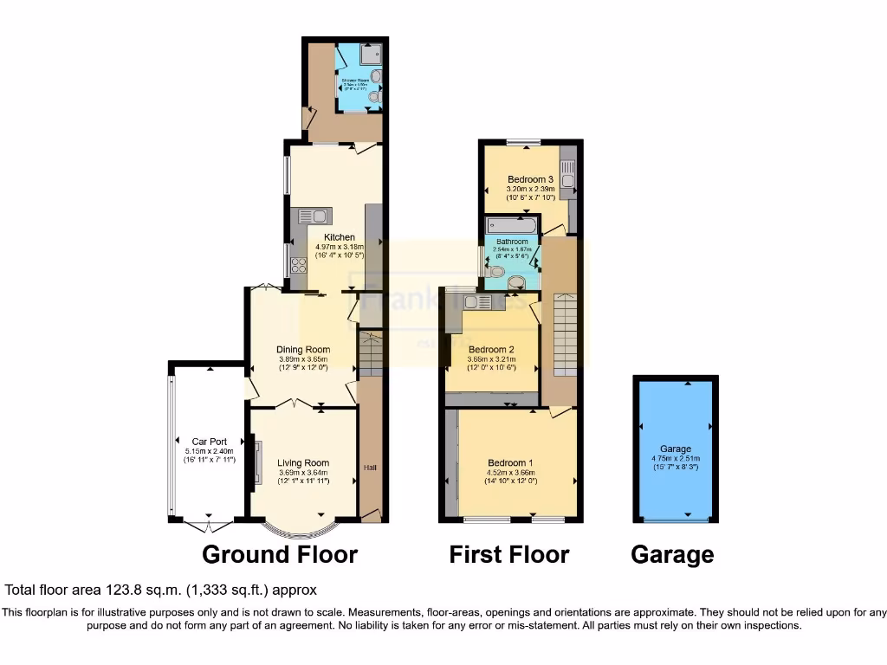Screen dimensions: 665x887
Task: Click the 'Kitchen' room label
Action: point(340,236)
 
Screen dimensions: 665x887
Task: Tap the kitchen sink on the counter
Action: point(311,216)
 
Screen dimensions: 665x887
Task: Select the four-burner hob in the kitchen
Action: point(300,266)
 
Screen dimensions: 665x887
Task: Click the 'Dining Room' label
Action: point(304,350)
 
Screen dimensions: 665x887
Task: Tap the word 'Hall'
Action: point(370,468)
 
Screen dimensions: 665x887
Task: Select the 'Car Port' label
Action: point(209,442)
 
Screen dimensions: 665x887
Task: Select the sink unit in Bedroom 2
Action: point(475,302)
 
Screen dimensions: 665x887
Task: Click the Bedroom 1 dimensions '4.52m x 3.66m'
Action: point(510,473)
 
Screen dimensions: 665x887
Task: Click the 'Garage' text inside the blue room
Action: point(675,449)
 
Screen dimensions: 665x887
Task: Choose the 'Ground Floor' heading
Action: point(280,554)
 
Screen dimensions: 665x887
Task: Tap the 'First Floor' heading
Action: point(508,554)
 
